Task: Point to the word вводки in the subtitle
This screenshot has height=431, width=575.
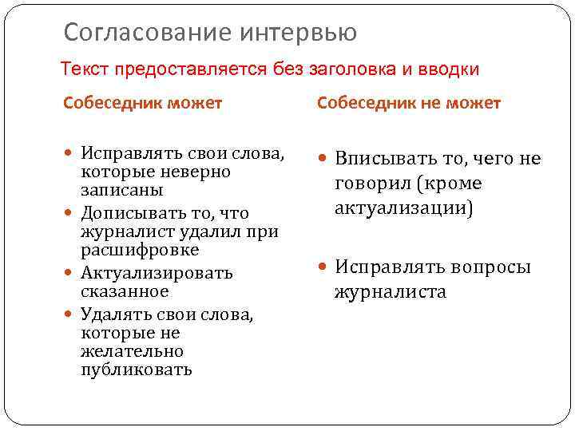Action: point(446,69)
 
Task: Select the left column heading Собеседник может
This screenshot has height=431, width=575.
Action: point(143,103)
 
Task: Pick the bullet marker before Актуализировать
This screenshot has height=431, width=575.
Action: point(69,274)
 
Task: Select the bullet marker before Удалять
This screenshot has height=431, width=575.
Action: point(69,315)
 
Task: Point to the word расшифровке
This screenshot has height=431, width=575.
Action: point(140,251)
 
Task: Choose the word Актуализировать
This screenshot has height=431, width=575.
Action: point(157,274)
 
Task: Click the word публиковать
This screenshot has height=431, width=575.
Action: point(137,370)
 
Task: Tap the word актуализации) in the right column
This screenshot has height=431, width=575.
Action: point(403,208)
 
